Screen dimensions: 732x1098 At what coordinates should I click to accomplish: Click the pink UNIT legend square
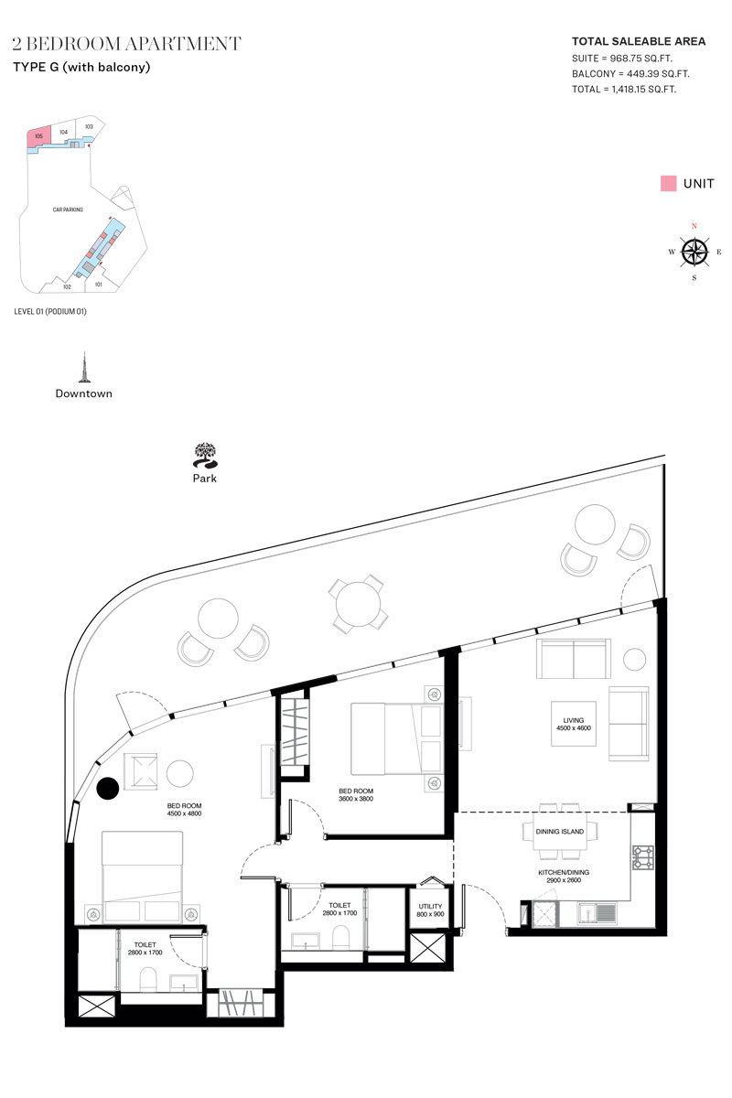668,183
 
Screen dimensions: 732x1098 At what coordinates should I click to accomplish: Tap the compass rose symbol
694,252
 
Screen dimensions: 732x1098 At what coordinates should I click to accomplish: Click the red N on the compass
694,226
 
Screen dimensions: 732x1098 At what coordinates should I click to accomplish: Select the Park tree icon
205,456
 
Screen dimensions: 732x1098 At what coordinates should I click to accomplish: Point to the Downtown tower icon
84,367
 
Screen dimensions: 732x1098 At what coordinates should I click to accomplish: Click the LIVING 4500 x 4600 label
573,724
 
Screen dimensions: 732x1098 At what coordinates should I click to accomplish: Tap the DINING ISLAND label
559,832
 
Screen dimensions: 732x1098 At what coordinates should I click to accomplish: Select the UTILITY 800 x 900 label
430,910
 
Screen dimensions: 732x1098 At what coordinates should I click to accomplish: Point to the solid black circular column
108,788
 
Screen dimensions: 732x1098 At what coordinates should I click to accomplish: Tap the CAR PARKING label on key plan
68,210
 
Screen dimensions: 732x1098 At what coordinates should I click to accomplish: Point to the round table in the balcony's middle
359,604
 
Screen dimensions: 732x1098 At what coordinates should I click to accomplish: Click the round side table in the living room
634,659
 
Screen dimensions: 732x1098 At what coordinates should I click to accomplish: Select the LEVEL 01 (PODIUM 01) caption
50,311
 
